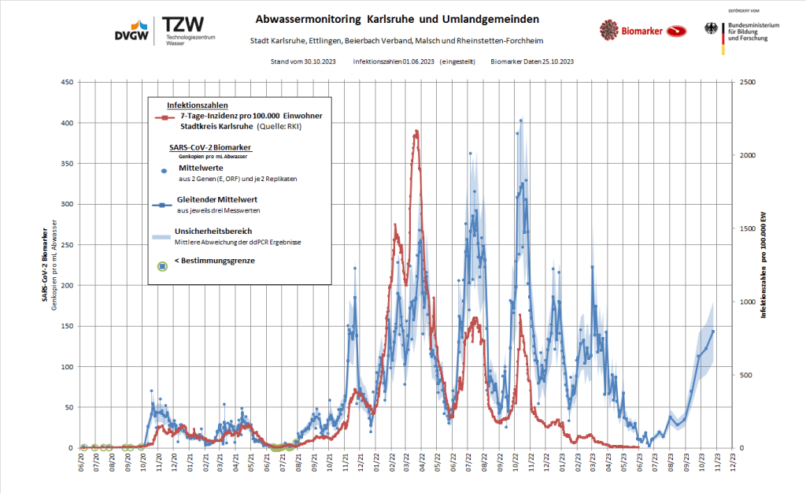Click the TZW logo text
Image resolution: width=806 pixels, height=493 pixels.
[183, 24]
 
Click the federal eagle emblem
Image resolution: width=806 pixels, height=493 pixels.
[712, 30]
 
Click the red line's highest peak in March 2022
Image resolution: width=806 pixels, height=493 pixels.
[416, 132]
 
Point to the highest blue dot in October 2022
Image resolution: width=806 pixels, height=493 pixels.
[521, 120]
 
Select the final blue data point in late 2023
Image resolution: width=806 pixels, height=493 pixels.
[713, 332]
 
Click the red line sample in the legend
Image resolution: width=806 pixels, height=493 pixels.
[163, 117]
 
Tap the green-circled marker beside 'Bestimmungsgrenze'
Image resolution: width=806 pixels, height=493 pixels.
[163, 266]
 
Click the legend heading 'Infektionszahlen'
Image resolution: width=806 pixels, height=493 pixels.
[198, 105]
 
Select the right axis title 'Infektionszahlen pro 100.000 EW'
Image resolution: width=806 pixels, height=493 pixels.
[763, 265]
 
